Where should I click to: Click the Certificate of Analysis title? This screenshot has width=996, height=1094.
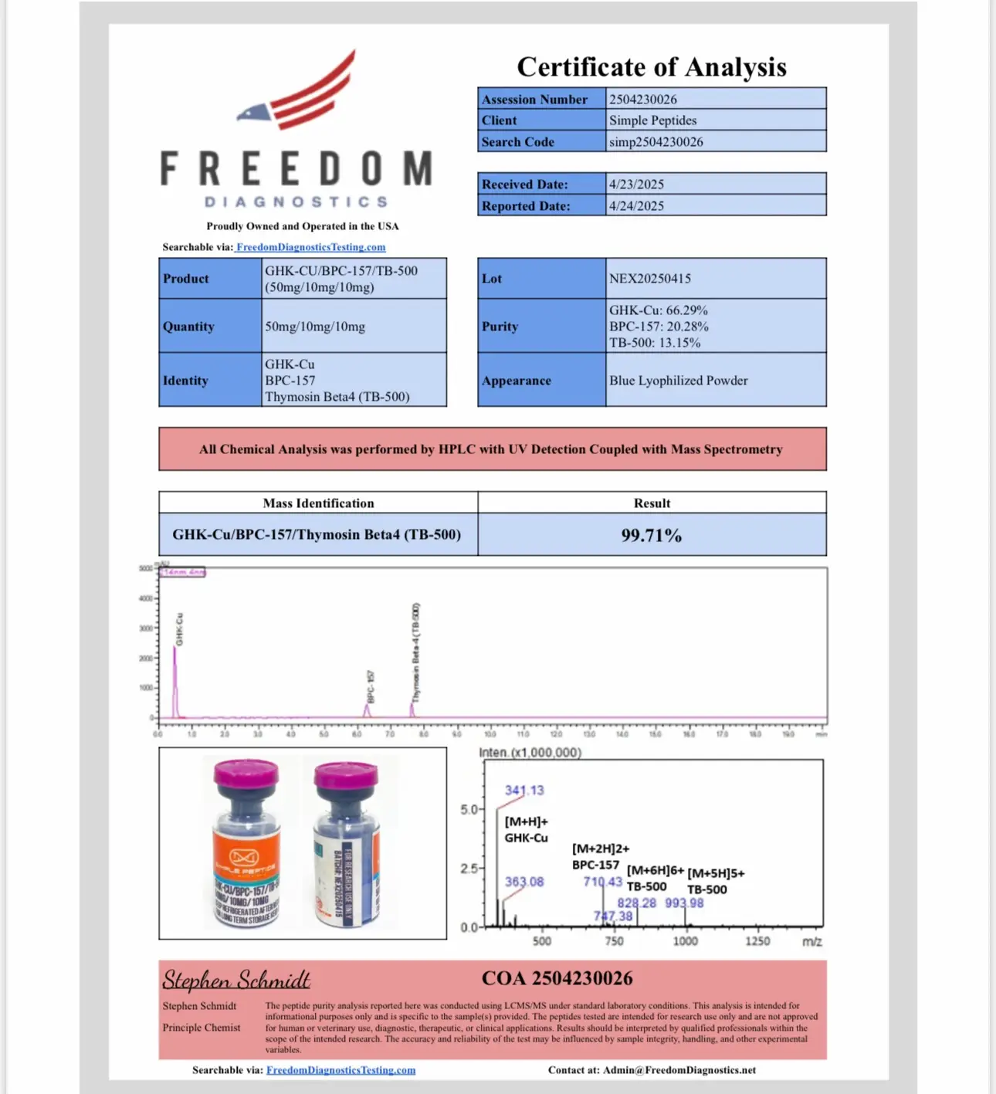click(652, 67)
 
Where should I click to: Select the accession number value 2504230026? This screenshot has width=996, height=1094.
click(642, 100)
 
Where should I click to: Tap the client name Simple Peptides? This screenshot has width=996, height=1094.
click(652, 120)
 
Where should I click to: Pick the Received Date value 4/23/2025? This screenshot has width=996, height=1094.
click(636, 185)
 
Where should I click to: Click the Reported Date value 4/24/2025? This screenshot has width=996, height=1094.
click(636, 206)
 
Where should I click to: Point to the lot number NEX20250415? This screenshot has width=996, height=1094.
click(649, 279)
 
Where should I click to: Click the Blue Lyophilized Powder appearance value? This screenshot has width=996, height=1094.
click(678, 381)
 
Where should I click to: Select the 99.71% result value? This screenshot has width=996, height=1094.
click(651, 535)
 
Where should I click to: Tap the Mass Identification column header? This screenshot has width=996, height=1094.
click(318, 503)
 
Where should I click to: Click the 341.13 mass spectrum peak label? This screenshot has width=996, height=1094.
click(524, 791)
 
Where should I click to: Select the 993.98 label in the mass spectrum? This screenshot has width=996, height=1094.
click(684, 903)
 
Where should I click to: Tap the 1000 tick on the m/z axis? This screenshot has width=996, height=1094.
click(685, 941)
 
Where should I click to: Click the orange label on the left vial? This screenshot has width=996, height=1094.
click(245, 858)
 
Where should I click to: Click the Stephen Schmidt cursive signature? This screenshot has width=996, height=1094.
click(236, 980)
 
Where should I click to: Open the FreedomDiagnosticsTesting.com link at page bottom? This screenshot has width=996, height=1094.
click(340, 1070)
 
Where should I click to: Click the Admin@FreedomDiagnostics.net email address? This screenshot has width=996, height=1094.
click(679, 1070)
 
